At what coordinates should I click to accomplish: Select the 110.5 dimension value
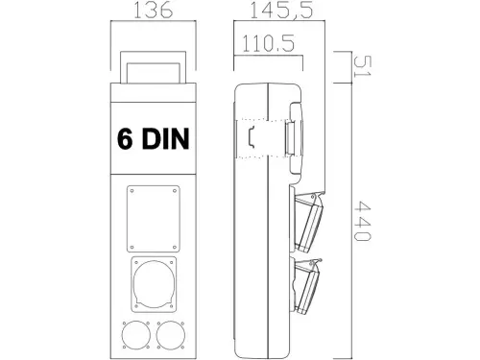point(269,44)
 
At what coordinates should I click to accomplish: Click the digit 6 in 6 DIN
point(125,139)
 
